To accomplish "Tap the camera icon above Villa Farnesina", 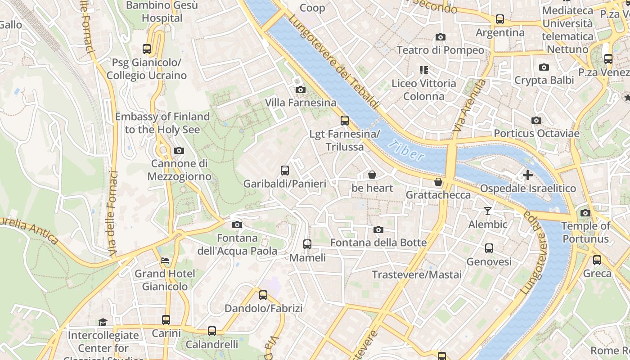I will tap(301, 90).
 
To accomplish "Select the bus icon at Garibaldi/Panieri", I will tap(285, 171).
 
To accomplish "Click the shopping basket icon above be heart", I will tap(372, 175).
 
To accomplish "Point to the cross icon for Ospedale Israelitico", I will tap(528, 175).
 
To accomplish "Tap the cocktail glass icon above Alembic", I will tap(487, 211).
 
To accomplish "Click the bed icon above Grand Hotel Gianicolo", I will tap(165, 261).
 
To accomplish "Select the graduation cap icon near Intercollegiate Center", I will tap(103, 322).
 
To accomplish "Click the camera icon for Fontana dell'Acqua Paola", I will tap(237, 225).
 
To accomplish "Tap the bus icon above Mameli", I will tap(307, 244).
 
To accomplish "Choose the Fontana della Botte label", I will tap(378, 243).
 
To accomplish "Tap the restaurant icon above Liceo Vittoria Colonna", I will tap(423, 70).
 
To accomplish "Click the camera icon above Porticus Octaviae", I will tap(536, 120).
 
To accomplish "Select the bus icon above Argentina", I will tap(500, 19).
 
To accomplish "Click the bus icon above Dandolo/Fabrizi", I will tap(263, 295).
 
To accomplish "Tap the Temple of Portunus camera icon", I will tap(585, 213).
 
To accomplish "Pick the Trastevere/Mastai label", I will tap(417, 274).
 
